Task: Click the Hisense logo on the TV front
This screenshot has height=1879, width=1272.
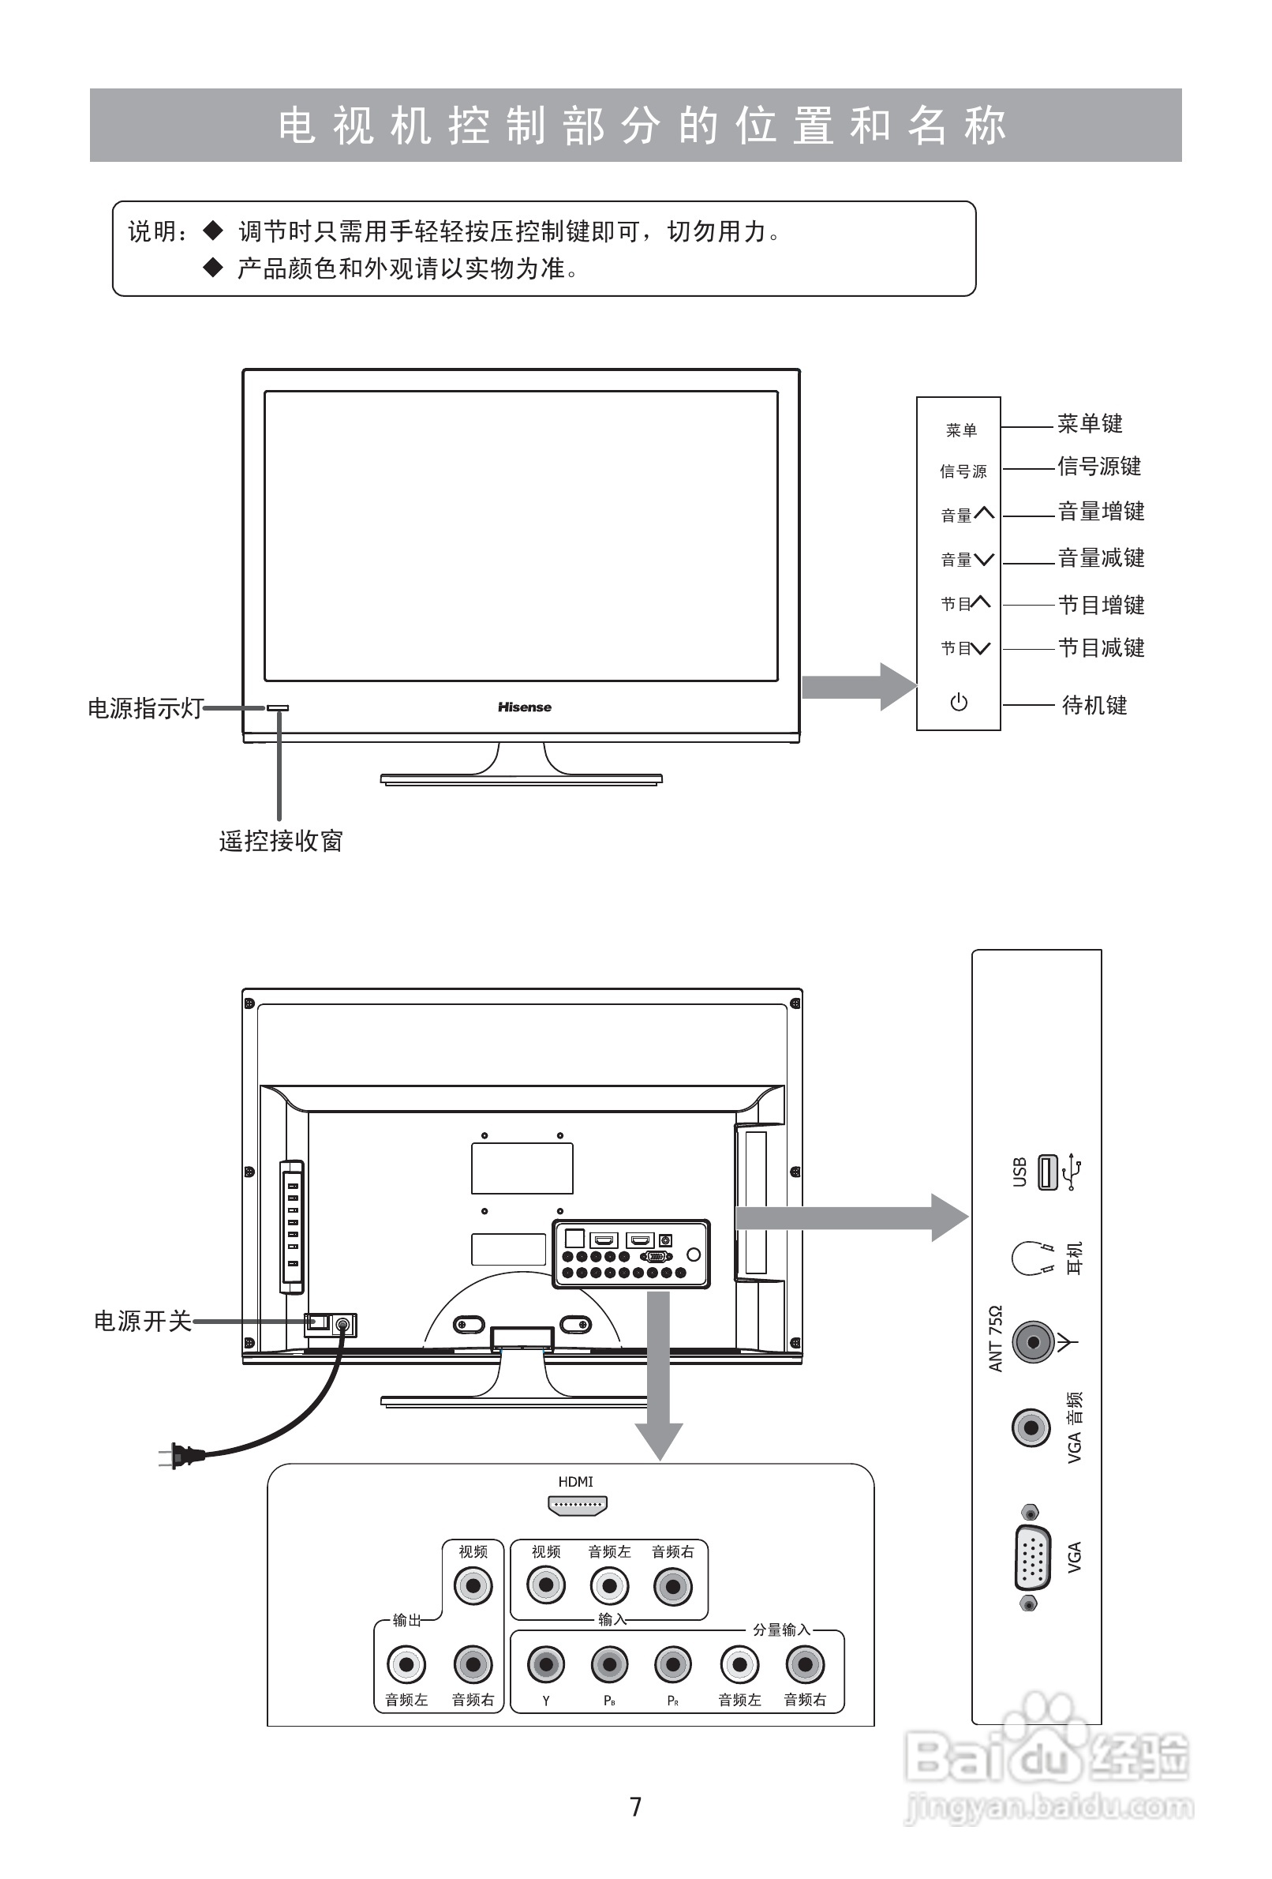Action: point(525,707)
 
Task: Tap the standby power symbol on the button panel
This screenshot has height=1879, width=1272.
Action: point(959,702)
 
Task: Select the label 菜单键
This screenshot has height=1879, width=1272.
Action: point(1090,424)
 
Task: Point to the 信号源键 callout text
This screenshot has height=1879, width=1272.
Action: point(1099,467)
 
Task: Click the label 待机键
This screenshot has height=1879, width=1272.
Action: point(1094,706)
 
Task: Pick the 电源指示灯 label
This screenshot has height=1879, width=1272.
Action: point(144,708)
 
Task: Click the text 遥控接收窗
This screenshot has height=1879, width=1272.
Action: point(280,842)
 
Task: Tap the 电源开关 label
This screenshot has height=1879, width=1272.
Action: point(142,1321)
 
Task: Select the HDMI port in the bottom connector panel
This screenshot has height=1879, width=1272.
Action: point(577,1506)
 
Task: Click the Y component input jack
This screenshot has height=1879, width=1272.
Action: point(545,1665)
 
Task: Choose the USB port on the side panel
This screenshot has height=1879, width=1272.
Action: point(1047,1172)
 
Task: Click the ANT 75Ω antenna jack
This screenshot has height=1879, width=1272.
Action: point(1033,1343)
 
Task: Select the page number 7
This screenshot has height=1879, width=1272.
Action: point(636,1806)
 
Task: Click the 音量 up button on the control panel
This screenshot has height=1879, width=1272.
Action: point(967,514)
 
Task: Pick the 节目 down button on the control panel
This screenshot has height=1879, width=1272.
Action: point(965,648)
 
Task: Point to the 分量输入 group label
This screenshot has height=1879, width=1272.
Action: point(780,1630)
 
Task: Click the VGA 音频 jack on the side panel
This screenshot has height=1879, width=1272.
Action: point(1031,1429)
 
